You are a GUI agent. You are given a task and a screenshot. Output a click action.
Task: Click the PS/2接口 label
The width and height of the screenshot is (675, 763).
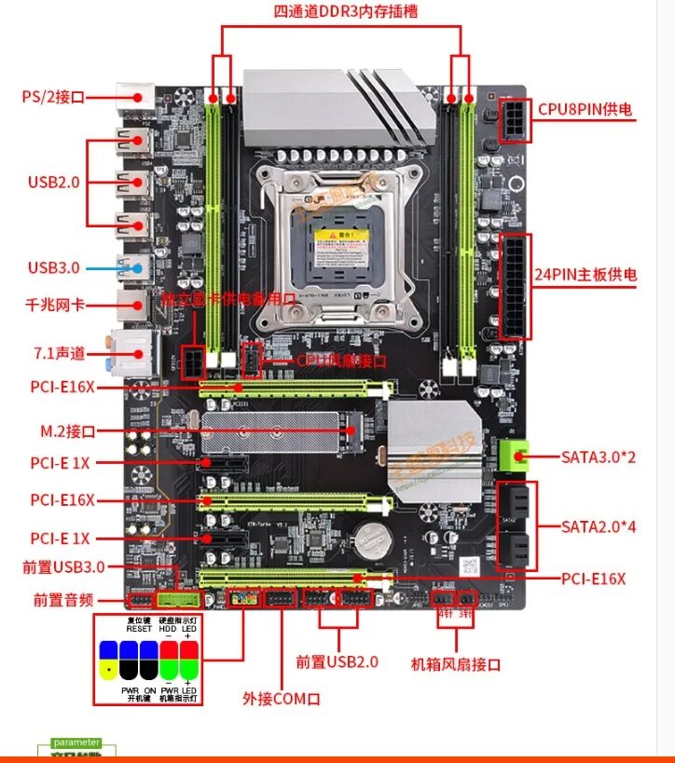pos(54,96)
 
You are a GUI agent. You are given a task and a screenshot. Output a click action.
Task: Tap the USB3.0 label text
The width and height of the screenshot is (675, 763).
pos(54,268)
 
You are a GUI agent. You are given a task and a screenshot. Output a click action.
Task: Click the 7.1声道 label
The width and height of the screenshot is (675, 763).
pos(58,352)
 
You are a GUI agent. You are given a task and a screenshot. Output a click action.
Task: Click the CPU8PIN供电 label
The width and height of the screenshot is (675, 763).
pos(585,109)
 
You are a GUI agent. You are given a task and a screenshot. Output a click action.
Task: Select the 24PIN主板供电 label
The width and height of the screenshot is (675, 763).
pos(585,275)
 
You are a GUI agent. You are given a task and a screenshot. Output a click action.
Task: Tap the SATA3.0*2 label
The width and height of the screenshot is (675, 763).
pos(597,456)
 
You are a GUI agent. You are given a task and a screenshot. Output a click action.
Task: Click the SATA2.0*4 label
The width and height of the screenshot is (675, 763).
pos(597,525)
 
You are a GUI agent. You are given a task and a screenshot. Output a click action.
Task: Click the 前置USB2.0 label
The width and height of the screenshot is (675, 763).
pos(337,661)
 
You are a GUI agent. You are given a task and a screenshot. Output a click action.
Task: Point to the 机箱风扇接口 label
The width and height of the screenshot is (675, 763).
pos(456,664)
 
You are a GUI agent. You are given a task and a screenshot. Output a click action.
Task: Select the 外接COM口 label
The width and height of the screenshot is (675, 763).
pos(282,698)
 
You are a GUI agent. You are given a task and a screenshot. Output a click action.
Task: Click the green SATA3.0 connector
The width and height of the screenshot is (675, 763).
pos(511,454)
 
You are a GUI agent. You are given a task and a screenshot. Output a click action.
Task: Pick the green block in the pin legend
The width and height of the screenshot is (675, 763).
pos(169,669)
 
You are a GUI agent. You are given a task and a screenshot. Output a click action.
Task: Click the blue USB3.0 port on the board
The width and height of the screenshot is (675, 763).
pos(135,267)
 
